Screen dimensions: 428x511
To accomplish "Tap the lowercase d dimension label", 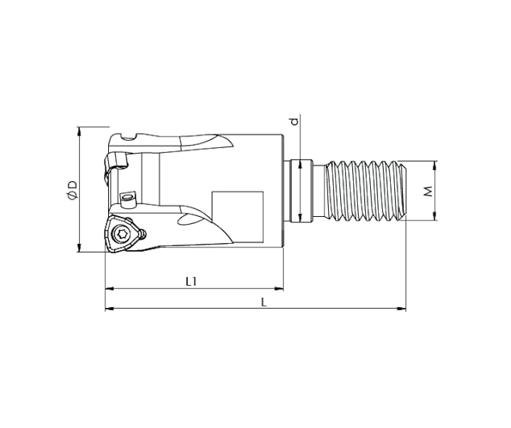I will coord(294,122).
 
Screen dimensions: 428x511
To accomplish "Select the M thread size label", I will coord(428,191).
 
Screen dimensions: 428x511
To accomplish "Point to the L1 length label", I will coord(191,282).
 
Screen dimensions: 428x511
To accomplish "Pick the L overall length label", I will coord(263,301).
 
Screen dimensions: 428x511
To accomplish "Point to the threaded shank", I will coord(364,191).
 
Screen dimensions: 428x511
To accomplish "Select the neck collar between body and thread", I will coord(302,191).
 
